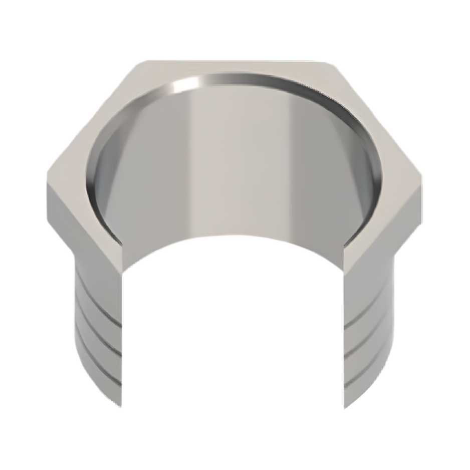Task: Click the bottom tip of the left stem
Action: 121,403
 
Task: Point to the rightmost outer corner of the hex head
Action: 424,175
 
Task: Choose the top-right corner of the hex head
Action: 333,62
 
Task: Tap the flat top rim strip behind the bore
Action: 236,68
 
